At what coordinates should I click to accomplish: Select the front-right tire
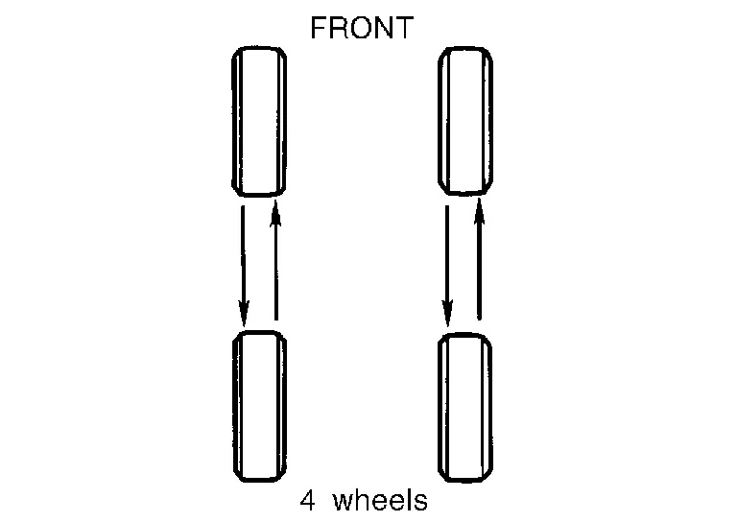coord(465,121)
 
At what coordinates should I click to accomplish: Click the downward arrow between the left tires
coord(243,263)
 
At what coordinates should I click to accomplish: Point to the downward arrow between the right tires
coord(447,263)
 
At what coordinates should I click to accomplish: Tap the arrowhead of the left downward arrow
coord(243,313)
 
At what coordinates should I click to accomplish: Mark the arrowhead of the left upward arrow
coord(276,213)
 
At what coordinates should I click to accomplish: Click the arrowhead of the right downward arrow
coord(447,313)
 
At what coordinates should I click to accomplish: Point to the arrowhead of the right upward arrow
coord(479,213)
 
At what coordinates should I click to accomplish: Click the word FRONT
coord(361,28)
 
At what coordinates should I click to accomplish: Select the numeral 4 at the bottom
coord(307,500)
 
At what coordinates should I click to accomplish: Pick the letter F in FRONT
coord(318,28)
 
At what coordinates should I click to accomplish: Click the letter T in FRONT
coord(403,28)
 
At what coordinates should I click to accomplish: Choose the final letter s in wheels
coord(421,502)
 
